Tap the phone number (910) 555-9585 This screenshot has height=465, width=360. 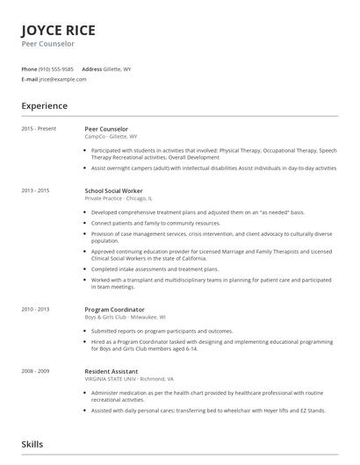pos(57,68)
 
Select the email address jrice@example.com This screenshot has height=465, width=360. pos(63,79)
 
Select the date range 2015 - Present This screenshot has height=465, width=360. pos(39,129)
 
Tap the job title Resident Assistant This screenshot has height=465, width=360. pos(112,370)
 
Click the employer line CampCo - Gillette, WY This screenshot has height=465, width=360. pos(111,137)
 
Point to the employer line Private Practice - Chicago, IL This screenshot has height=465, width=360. pos(119,198)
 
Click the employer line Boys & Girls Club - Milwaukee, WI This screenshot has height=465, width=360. pos(126,317)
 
